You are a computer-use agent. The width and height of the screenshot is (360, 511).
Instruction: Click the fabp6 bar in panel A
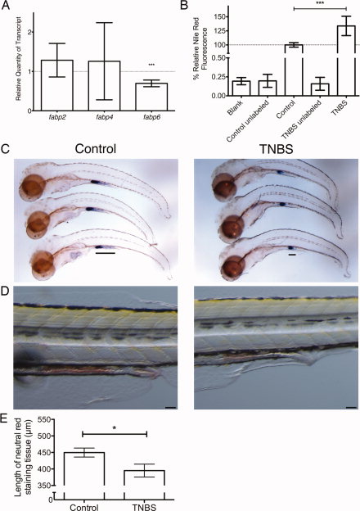pyautogui.click(x=151, y=97)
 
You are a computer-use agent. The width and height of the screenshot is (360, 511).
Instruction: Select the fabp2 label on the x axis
pyautogui.click(x=57, y=116)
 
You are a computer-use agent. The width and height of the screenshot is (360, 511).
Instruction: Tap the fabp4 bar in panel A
pyautogui.click(x=104, y=86)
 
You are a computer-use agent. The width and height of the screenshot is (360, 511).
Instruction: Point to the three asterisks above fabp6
pyautogui.click(x=151, y=65)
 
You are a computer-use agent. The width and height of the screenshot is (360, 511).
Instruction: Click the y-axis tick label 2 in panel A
pyautogui.click(x=30, y=32)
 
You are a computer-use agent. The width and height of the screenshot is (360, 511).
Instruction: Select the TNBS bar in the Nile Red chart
pyautogui.click(x=346, y=61)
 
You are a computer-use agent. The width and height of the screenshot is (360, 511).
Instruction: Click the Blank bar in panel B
pyautogui.click(x=241, y=88)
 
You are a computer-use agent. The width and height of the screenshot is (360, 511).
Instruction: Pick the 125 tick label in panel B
pyautogui.click(x=222, y=30)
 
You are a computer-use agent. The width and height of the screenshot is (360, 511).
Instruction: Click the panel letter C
pyautogui.click(x=6, y=148)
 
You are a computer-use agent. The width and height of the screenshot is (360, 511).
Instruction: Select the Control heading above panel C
pyautogui.click(x=96, y=148)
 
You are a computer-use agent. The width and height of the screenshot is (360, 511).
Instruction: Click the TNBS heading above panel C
pyautogui.click(x=277, y=148)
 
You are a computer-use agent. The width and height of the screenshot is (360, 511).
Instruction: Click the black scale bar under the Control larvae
pyautogui.click(x=106, y=252)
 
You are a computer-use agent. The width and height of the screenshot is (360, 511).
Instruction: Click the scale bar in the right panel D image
pyautogui.click(x=351, y=407)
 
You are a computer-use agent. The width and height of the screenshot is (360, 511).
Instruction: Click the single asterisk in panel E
pyautogui.click(x=115, y=427)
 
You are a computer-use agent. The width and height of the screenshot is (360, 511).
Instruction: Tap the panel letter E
pyautogui.click(x=5, y=418)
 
